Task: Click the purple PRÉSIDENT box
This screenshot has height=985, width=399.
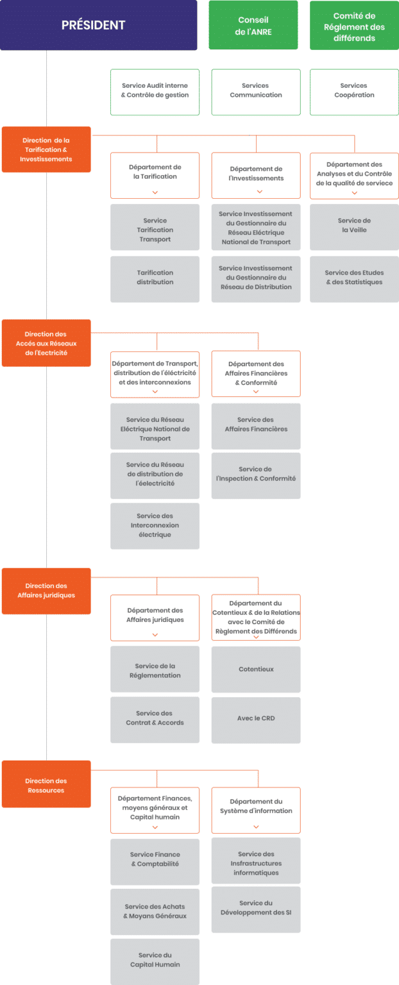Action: tap(98, 26)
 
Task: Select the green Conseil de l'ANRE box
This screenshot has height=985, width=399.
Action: tap(254, 26)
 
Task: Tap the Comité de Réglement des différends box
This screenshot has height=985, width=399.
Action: tap(354, 26)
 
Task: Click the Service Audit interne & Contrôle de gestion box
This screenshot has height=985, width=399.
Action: tap(155, 90)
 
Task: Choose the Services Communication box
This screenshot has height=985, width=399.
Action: tap(255, 90)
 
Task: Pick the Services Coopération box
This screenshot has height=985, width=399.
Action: tap(354, 90)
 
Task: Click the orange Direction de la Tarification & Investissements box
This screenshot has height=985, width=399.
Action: tap(46, 149)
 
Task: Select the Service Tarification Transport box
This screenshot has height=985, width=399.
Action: tap(155, 230)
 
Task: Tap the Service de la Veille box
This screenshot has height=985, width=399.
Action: tap(354, 225)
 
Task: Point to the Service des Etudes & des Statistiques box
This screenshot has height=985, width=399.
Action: tap(354, 278)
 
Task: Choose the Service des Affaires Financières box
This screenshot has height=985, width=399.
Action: tap(255, 425)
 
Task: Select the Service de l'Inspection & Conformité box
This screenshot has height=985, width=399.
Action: tap(255, 474)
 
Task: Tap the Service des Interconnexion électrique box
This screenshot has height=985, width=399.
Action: tap(155, 525)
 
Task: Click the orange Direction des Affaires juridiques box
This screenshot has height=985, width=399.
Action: tap(46, 590)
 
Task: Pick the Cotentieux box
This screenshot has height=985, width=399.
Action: tap(255, 669)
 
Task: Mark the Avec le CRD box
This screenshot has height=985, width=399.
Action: tap(255, 718)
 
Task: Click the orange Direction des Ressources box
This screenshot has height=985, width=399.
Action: tap(46, 786)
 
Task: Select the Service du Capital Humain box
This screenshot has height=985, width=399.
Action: tap(155, 960)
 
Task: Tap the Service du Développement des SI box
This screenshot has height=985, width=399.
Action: tap(255, 908)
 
